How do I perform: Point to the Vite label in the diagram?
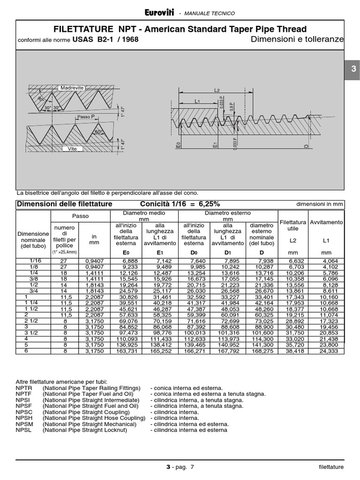pos(72,148)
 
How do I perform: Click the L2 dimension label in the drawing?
pos(217,90)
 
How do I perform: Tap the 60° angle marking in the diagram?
pos(98,132)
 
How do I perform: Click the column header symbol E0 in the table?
pos(125,252)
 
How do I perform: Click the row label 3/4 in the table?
pos(34,291)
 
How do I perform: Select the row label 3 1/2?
pos(34,332)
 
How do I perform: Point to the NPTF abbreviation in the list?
pos(24,394)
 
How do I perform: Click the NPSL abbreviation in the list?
pos(24,430)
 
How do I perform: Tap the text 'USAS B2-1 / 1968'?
pos(105,40)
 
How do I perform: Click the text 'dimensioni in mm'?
pos(320,204)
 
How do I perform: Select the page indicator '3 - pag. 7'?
pos(180,467)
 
